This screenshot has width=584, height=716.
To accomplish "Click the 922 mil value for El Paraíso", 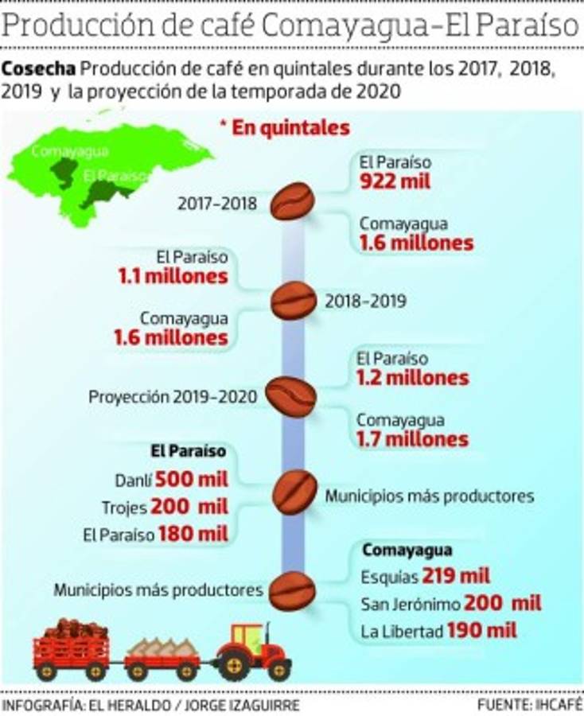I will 395,181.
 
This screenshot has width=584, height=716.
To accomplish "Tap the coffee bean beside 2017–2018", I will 292,202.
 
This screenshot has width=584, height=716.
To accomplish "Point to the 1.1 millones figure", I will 173,277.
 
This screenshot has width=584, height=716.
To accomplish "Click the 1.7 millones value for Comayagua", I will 412,438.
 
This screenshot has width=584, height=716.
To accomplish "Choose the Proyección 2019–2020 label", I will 173,395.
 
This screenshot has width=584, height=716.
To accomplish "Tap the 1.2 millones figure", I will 412,378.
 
